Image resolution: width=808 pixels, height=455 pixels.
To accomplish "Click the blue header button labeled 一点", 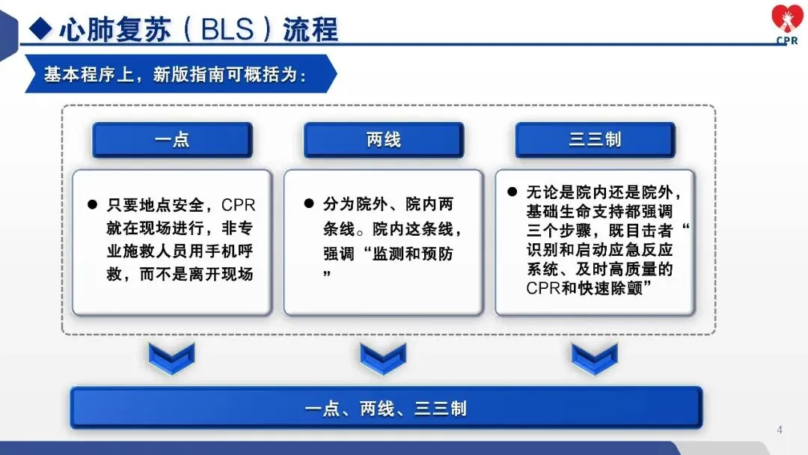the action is coord(172,140).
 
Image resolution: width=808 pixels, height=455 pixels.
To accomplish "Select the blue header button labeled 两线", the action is coord(383,140).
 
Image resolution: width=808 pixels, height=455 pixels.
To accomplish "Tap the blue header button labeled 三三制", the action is coord(595,140).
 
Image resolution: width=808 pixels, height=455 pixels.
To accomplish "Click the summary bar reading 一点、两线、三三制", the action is coord(386,408).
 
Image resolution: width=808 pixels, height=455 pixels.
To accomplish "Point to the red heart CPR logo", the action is coord(786,22).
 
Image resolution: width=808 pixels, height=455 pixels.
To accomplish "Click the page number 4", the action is coord(780,430).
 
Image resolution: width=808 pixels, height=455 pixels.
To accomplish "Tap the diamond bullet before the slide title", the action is coord(40,29).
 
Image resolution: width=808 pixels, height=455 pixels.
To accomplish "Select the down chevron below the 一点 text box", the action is coord(172,358).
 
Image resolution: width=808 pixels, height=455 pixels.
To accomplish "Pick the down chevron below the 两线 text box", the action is coord(383,358).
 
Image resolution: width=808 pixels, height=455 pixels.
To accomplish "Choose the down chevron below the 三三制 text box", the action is coord(595,358).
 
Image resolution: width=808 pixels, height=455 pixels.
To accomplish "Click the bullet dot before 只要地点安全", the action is coord(93,204).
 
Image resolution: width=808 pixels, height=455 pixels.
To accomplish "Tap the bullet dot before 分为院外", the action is coord(307,204).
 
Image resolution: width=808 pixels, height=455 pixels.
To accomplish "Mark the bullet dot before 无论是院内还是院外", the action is coord(512,192).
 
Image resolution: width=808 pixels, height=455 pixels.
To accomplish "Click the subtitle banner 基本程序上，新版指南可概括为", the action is coord(176,74).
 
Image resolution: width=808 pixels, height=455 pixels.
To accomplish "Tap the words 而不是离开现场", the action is coord(202,274).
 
